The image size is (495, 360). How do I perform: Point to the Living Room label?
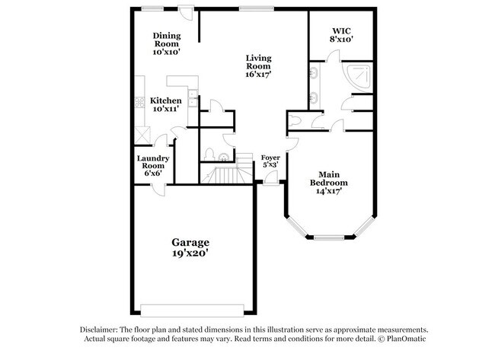[x=258, y=65]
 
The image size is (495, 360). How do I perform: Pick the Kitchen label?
[x=165, y=101]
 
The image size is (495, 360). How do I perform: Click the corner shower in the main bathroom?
[x=359, y=75]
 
